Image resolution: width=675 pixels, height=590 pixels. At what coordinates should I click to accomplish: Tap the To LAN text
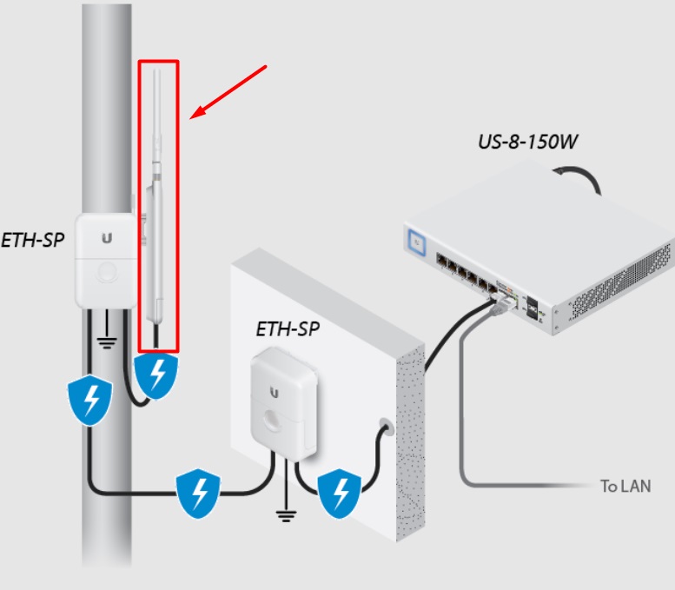coord(625,486)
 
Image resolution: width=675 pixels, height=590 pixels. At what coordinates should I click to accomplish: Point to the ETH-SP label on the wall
coord(287,329)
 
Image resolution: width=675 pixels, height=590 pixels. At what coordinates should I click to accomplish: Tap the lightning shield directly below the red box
coord(157,375)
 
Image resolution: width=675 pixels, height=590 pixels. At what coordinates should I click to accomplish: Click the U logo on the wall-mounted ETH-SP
coord(275,391)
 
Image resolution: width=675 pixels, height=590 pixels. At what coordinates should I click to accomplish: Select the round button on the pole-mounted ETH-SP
coord(108,273)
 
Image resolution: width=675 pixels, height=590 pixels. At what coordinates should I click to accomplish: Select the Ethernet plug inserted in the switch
coord(499,303)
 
